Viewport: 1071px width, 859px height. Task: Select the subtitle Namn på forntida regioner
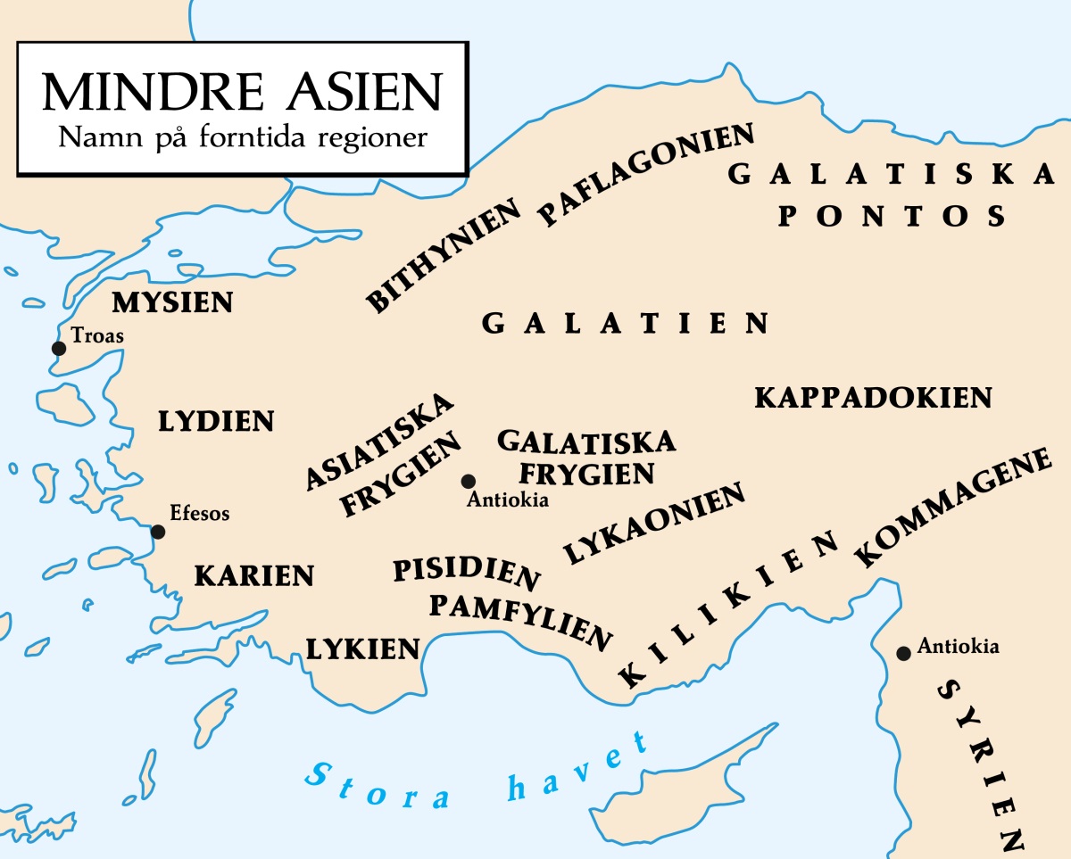[242, 138]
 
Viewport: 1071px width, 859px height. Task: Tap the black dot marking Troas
[59, 348]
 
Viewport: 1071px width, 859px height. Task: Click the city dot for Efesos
[158, 532]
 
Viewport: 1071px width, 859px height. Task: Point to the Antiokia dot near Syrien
[903, 653]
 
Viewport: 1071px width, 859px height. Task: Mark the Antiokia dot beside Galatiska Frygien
[468, 482]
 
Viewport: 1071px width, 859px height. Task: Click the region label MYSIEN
[172, 303]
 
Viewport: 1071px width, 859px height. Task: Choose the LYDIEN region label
[216, 422]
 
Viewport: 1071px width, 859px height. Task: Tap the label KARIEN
[254, 576]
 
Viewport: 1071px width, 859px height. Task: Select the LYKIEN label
[362, 648]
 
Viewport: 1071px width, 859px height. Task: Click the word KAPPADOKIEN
[873, 398]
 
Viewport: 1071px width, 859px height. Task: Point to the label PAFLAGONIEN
[647, 175]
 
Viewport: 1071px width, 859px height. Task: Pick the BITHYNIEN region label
[444, 258]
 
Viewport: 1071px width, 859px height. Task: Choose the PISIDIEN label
[467, 574]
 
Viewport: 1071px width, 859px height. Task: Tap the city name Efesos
[200, 514]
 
